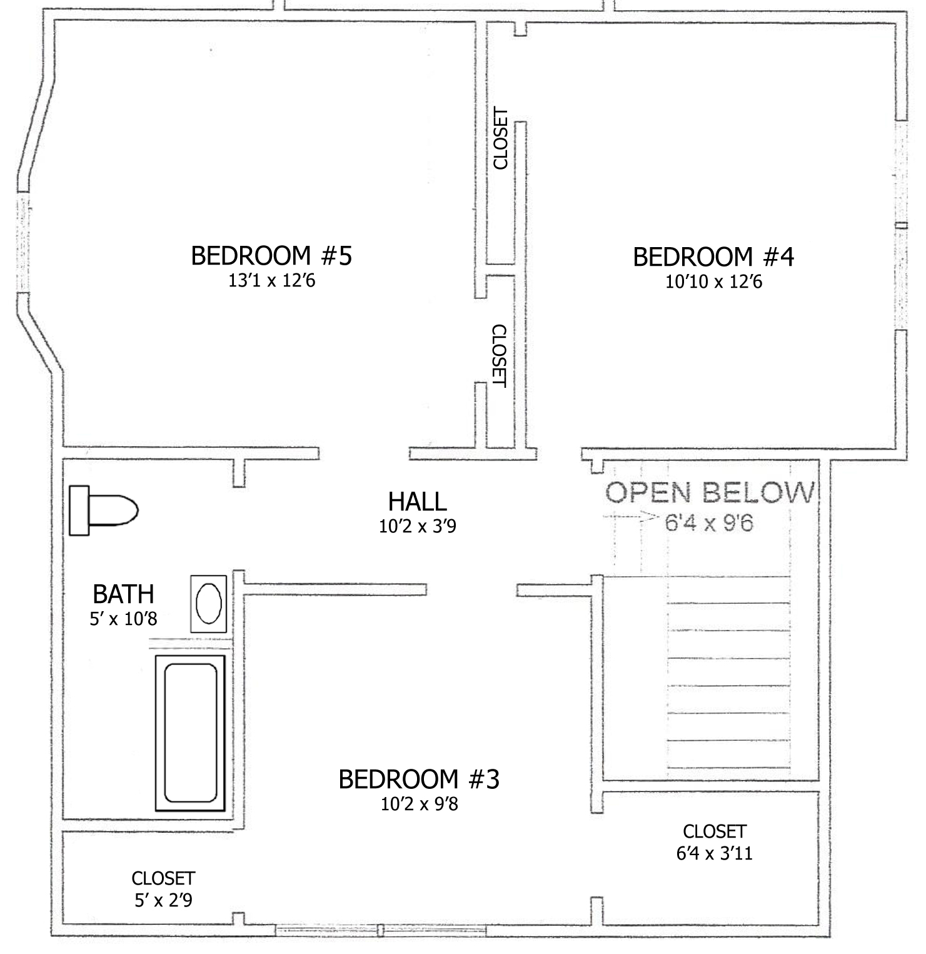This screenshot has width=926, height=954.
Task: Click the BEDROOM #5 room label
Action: coord(271,256)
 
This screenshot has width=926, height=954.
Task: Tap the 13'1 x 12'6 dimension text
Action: coord(271,280)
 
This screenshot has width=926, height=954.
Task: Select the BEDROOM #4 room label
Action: coord(713,257)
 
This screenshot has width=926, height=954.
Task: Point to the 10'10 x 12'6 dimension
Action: coord(713,282)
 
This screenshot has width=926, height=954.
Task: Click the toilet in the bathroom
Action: coord(103,510)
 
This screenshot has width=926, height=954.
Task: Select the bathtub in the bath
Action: coord(190,733)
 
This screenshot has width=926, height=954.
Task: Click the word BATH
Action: coord(123,594)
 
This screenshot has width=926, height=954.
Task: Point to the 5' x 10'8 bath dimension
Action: coord(123,619)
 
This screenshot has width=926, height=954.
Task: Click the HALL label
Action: coord(417,502)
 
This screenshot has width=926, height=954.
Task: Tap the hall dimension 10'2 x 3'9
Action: coord(417,527)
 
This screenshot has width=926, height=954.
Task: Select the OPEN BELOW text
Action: coord(710,493)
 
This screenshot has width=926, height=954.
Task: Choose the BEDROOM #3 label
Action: coord(419,779)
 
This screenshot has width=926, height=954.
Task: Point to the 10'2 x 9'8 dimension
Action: coord(419,804)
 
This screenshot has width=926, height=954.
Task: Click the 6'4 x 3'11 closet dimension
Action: coord(714,853)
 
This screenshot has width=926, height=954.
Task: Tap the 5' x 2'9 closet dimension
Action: coord(163,900)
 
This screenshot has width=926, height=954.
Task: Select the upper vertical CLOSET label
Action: coord(500,139)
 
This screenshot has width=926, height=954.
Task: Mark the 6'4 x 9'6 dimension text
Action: coord(708,522)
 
